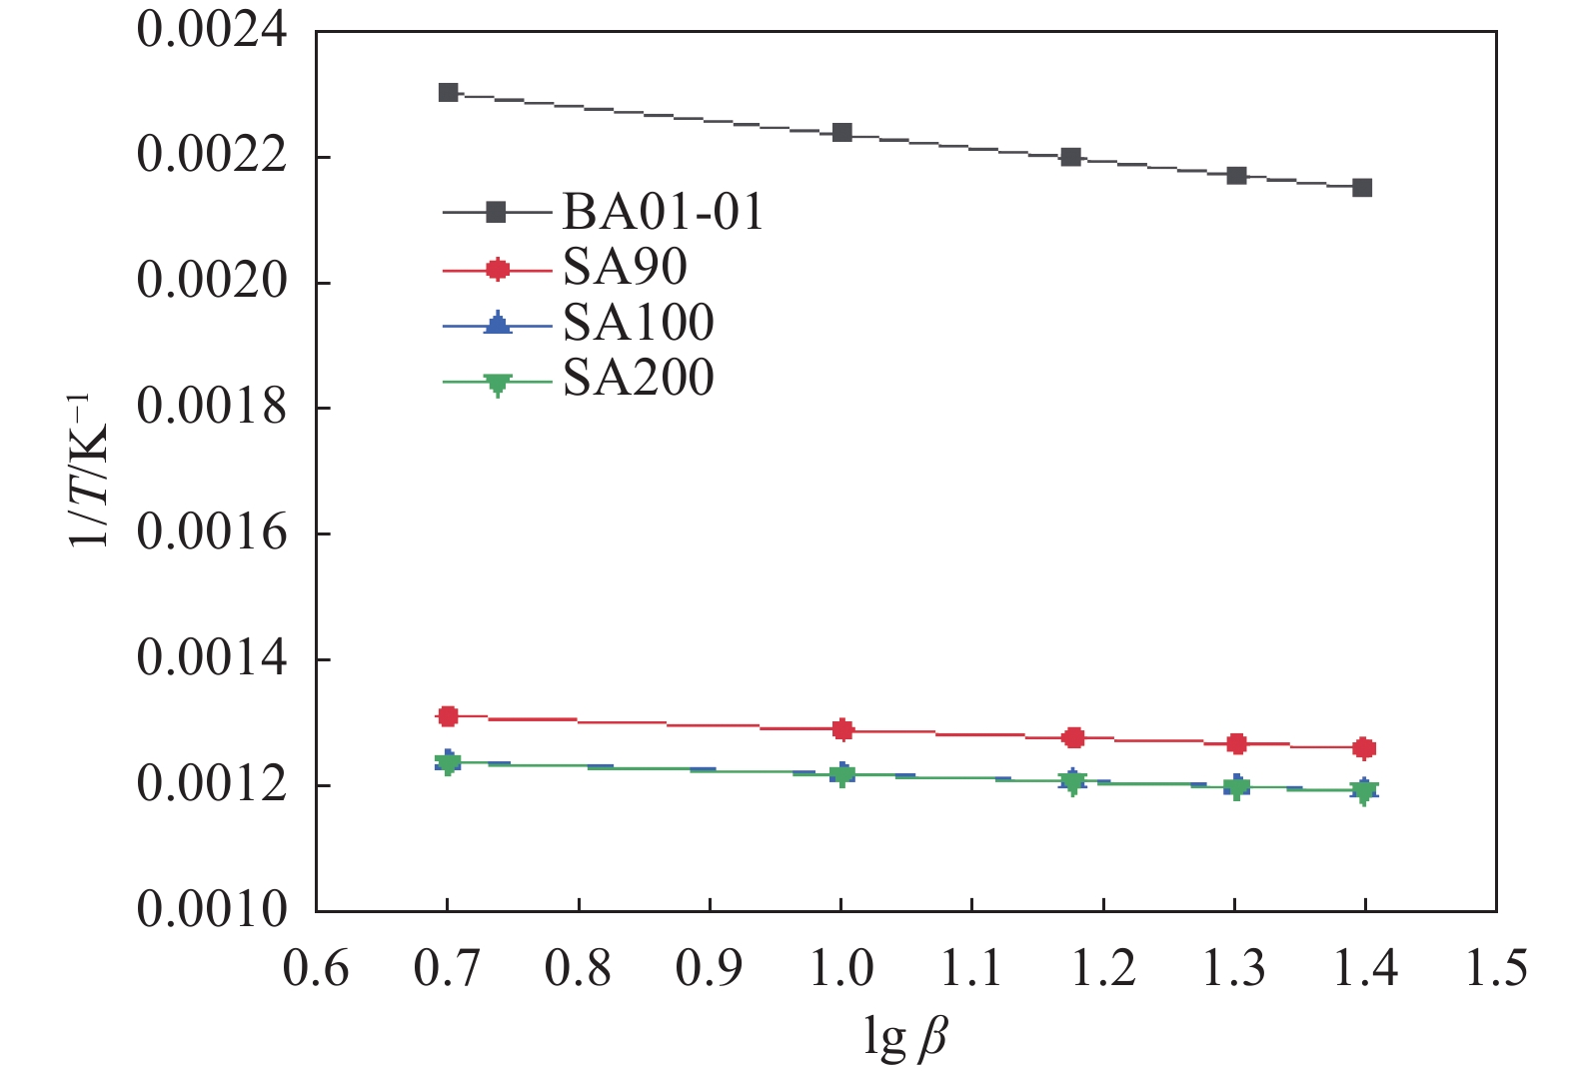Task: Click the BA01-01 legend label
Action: [663, 212]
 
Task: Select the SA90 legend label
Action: [625, 268]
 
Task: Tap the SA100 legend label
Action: [638, 323]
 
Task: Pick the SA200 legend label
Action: [638, 378]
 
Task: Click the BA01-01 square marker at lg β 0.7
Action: [449, 93]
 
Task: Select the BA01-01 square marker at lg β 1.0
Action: [842, 133]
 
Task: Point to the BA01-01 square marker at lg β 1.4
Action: [1362, 188]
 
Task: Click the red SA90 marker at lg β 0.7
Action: [448, 716]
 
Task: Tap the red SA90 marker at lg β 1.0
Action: [842, 729]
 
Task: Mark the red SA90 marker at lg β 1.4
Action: [1364, 748]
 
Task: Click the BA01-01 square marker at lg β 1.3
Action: [1236, 176]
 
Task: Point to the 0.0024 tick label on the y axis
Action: [212, 31]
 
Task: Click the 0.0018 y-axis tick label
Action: [212, 408]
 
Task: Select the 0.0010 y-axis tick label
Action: [212, 910]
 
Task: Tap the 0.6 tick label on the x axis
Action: [316, 968]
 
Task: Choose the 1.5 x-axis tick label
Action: [1495, 968]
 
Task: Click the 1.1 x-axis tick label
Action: [972, 968]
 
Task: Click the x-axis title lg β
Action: [904, 1036]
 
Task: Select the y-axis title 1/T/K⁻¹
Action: [92, 471]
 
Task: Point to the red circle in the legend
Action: [497, 268]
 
